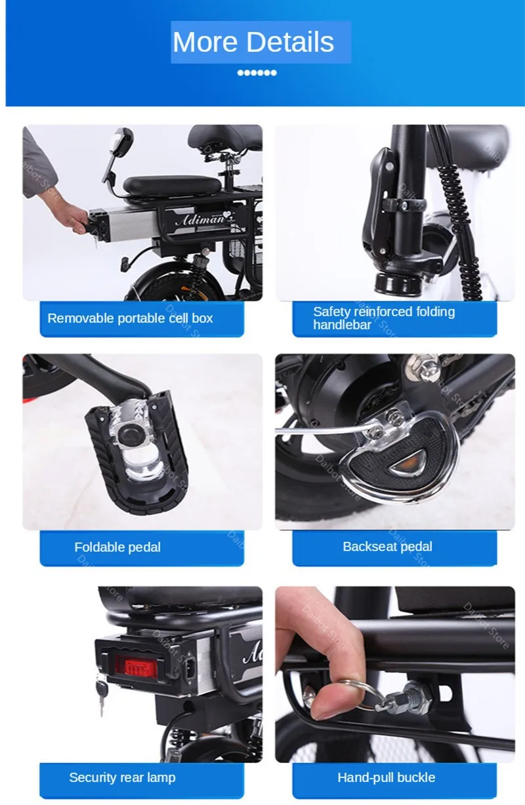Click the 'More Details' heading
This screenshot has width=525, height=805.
[x=254, y=43]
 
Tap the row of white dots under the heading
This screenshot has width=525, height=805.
[x=257, y=73]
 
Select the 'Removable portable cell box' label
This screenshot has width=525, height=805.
[x=130, y=319]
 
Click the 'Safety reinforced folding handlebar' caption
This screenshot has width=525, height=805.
[x=383, y=318]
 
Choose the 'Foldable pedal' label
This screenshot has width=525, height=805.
[x=117, y=547]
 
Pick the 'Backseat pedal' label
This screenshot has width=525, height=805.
[x=387, y=547]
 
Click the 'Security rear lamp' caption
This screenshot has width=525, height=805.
[x=122, y=778]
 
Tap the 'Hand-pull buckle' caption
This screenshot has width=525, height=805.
[x=386, y=778]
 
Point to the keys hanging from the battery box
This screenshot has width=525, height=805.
[x=102, y=693]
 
